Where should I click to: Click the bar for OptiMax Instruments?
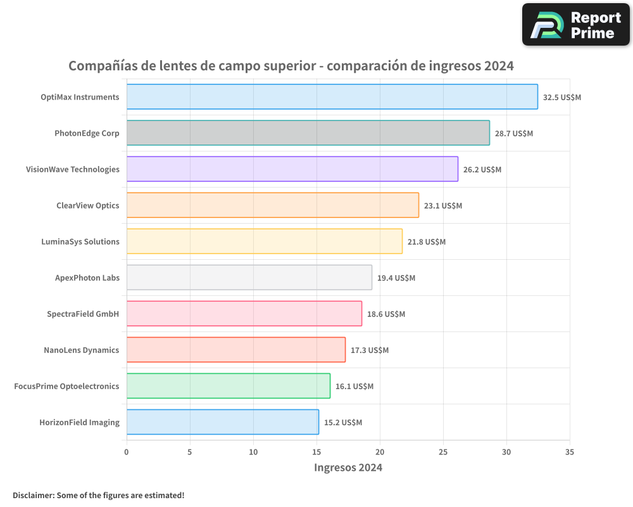332,97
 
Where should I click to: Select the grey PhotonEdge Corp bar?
308,133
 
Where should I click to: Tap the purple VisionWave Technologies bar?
292,169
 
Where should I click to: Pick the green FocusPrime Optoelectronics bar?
228,386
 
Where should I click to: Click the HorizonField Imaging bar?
222,422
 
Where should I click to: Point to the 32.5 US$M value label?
561,98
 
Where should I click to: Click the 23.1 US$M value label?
442,206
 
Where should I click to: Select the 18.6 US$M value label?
385,314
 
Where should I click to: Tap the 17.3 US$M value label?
369,350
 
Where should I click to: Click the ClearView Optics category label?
87,205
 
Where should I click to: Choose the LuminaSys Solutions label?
80,241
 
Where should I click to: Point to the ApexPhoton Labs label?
87,278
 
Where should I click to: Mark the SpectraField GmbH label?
83,314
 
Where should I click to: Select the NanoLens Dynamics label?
81,350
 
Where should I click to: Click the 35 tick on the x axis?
570,452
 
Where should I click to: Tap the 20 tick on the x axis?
380,452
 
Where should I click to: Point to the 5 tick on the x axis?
190,452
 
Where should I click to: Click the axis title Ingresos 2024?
348,468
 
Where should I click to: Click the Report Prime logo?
575,25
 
